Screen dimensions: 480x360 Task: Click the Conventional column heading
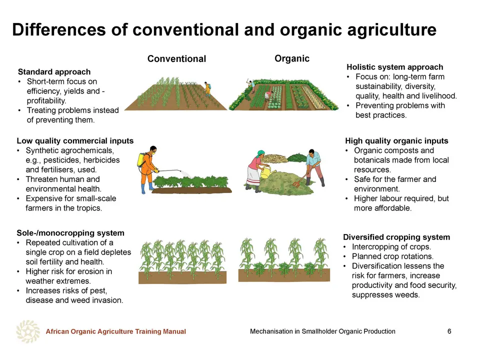176,59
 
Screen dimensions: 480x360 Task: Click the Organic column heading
291,58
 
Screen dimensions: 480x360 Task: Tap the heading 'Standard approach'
54,72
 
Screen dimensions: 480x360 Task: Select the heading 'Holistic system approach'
394,67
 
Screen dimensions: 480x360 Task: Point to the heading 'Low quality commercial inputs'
75,141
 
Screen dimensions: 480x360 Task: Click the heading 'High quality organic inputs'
396,141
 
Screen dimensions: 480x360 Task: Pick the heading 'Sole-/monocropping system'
70,233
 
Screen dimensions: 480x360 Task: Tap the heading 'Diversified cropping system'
396,237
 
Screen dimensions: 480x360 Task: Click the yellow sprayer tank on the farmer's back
141,159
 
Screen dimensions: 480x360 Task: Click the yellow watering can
267,172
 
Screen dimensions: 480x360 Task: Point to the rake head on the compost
297,183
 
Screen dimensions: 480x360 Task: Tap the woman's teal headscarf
260,153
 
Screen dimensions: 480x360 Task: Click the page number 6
449,331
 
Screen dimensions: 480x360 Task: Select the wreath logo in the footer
28,331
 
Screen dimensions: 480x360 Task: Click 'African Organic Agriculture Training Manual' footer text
115,331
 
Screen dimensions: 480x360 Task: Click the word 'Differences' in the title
59,29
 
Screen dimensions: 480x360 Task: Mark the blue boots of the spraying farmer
147,188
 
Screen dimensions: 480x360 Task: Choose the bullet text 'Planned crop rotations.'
392,256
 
